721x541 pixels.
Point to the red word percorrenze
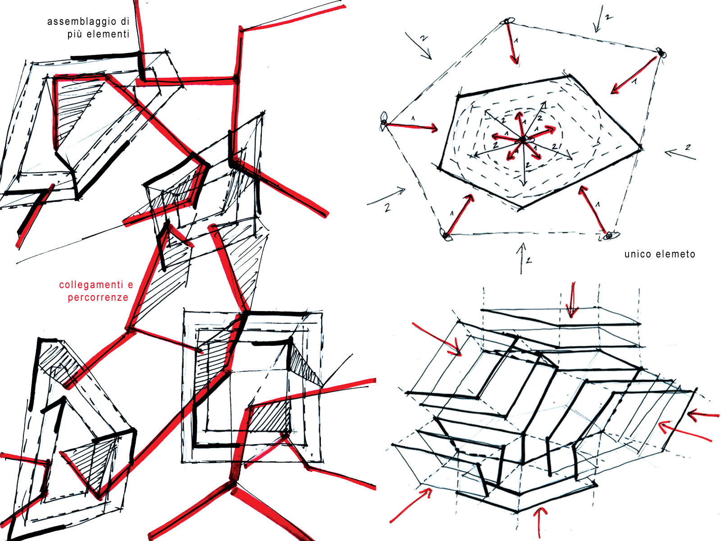[98, 298]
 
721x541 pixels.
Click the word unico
[636, 254]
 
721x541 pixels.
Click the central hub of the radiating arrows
[523, 140]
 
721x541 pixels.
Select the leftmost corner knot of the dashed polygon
[383, 122]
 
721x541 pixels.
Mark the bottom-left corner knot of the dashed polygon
[446, 235]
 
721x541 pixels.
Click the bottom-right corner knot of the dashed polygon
[609, 235]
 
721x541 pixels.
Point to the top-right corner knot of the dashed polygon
[661, 53]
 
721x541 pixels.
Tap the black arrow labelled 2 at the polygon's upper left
[418, 46]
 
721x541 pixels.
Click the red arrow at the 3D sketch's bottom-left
[411, 505]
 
